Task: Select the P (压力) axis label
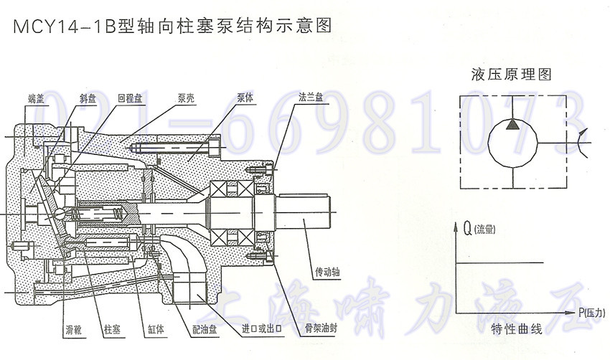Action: [x=593, y=313]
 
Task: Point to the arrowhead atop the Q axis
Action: [x=457, y=228]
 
